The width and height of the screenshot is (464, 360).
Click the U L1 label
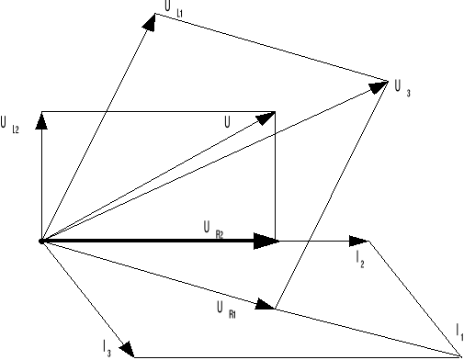point(172,6)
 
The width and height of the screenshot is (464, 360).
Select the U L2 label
point(10,122)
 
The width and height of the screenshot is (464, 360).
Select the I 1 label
point(458,329)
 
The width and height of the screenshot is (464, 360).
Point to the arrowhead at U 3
point(379,84)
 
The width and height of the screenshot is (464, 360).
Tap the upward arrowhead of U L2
point(41,118)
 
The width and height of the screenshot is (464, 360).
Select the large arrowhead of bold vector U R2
point(265,241)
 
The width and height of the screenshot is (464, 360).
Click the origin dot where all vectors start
point(41,241)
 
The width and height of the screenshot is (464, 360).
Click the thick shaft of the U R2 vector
point(147,241)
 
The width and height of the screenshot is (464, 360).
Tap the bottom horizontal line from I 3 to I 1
point(294,355)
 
